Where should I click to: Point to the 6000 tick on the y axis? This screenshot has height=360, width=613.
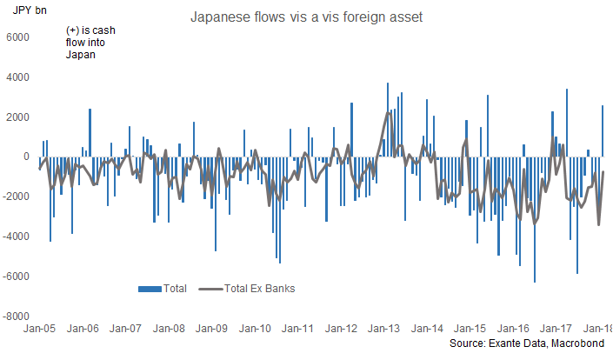17,37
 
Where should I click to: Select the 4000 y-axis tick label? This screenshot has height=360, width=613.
17,77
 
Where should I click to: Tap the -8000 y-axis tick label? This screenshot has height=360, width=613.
16,317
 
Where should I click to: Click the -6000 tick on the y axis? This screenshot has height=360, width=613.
16,277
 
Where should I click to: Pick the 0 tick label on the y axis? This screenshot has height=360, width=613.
26,157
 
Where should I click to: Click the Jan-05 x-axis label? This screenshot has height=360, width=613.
40,329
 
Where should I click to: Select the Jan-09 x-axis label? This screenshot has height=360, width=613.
211,329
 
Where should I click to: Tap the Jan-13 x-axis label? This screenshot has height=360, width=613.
383,329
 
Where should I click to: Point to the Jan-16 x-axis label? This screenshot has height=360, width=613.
512,329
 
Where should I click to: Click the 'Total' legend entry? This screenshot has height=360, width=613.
174,288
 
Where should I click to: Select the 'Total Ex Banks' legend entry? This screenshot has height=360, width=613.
259,288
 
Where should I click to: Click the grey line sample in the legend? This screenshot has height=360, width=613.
210,288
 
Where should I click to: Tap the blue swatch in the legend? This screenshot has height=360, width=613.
149,288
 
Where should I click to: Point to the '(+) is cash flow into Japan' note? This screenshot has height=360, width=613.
90,42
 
